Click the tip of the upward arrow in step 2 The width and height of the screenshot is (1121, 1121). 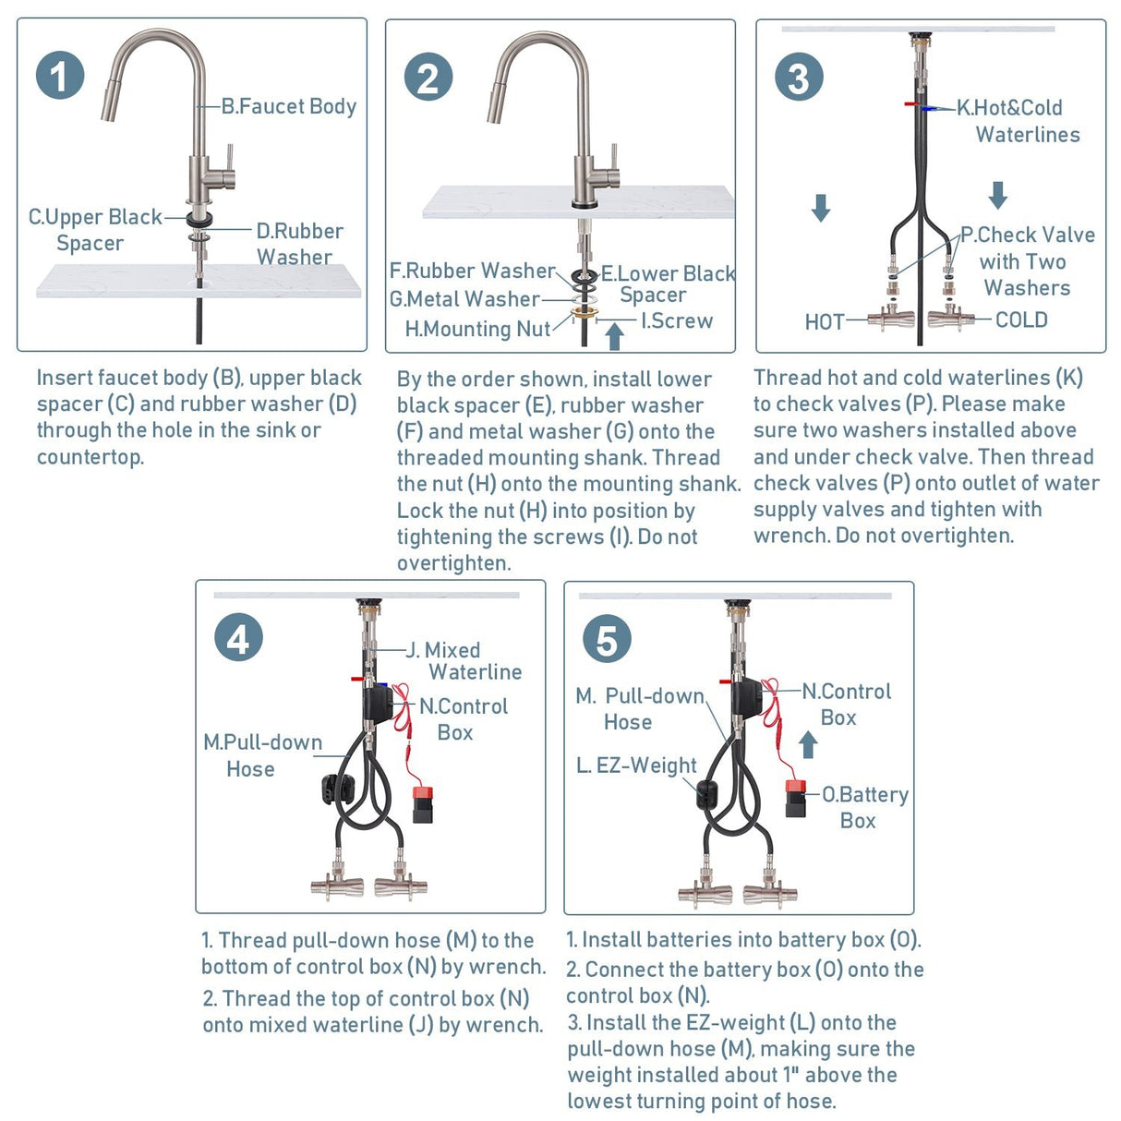point(615,324)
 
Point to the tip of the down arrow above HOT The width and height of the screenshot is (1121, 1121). point(820,222)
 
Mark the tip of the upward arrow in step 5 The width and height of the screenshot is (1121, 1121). point(807,731)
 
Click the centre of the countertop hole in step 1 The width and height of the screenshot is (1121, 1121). point(199,283)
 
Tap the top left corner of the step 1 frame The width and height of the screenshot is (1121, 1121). point(18,18)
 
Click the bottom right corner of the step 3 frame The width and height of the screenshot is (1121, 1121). point(1105,352)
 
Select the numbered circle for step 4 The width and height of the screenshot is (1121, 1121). point(238,637)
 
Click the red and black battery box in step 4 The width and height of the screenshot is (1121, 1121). point(423,804)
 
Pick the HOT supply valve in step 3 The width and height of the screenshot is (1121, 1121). point(889,319)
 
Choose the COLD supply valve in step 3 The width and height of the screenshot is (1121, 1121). point(950,319)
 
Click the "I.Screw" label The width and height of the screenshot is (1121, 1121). point(677,320)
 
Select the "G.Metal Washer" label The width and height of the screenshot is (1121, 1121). point(464,299)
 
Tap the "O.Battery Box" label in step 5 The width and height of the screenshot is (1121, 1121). point(865,807)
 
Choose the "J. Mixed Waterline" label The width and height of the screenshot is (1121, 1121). point(464,661)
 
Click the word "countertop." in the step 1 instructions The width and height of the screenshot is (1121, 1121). point(90,457)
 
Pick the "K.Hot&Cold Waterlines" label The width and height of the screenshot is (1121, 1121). point(1019,121)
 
